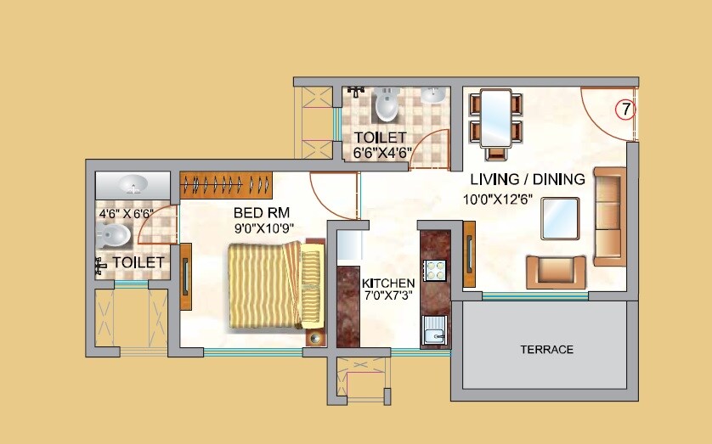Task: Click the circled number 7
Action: (x=624, y=109)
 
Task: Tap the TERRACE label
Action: (x=546, y=350)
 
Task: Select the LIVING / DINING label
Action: (x=528, y=179)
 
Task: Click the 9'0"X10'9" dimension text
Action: (x=264, y=228)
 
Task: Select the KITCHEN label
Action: (x=388, y=283)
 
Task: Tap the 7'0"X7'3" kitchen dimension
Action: (x=388, y=298)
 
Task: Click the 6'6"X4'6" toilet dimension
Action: (x=382, y=154)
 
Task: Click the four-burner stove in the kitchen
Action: (x=435, y=270)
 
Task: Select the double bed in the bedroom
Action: (x=274, y=285)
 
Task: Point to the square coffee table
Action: (x=561, y=218)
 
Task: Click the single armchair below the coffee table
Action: (x=556, y=272)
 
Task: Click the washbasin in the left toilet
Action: (x=132, y=184)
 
